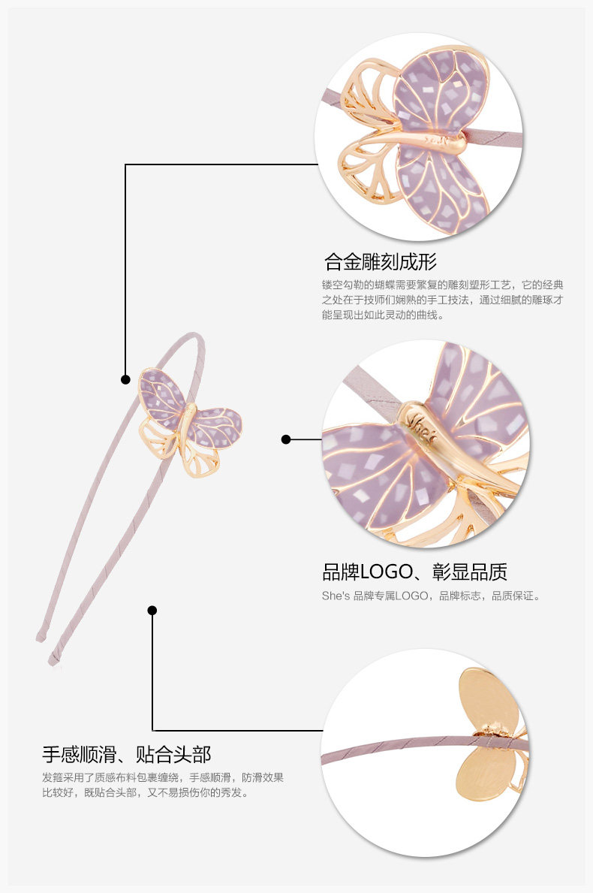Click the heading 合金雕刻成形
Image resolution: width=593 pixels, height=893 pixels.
[x=380, y=262]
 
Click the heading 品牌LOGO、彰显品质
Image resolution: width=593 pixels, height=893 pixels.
[x=414, y=572]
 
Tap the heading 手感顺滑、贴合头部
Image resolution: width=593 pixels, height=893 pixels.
[x=126, y=754]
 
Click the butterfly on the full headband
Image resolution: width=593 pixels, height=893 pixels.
[x=189, y=421]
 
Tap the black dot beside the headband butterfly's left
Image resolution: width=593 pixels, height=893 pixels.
[x=125, y=379]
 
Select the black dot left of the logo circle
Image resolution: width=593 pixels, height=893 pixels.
[x=286, y=439]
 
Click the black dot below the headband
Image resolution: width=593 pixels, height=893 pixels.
[x=152, y=610]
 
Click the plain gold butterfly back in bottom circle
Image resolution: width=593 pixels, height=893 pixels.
[x=488, y=698]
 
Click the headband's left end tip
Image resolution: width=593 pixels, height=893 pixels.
[x=40, y=638]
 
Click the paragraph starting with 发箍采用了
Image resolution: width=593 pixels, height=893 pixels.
[x=163, y=785]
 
